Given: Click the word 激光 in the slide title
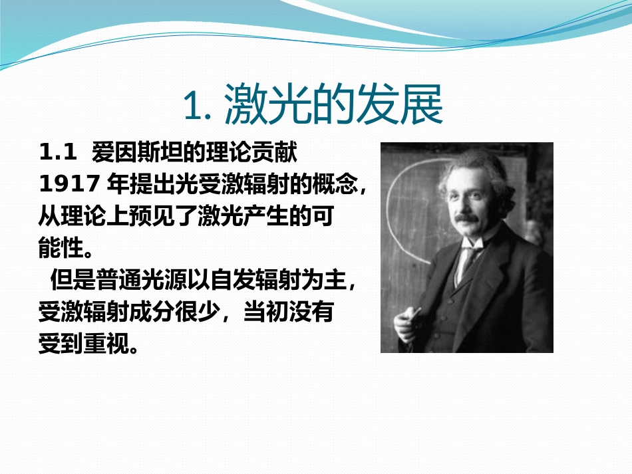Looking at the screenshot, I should [269, 105].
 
